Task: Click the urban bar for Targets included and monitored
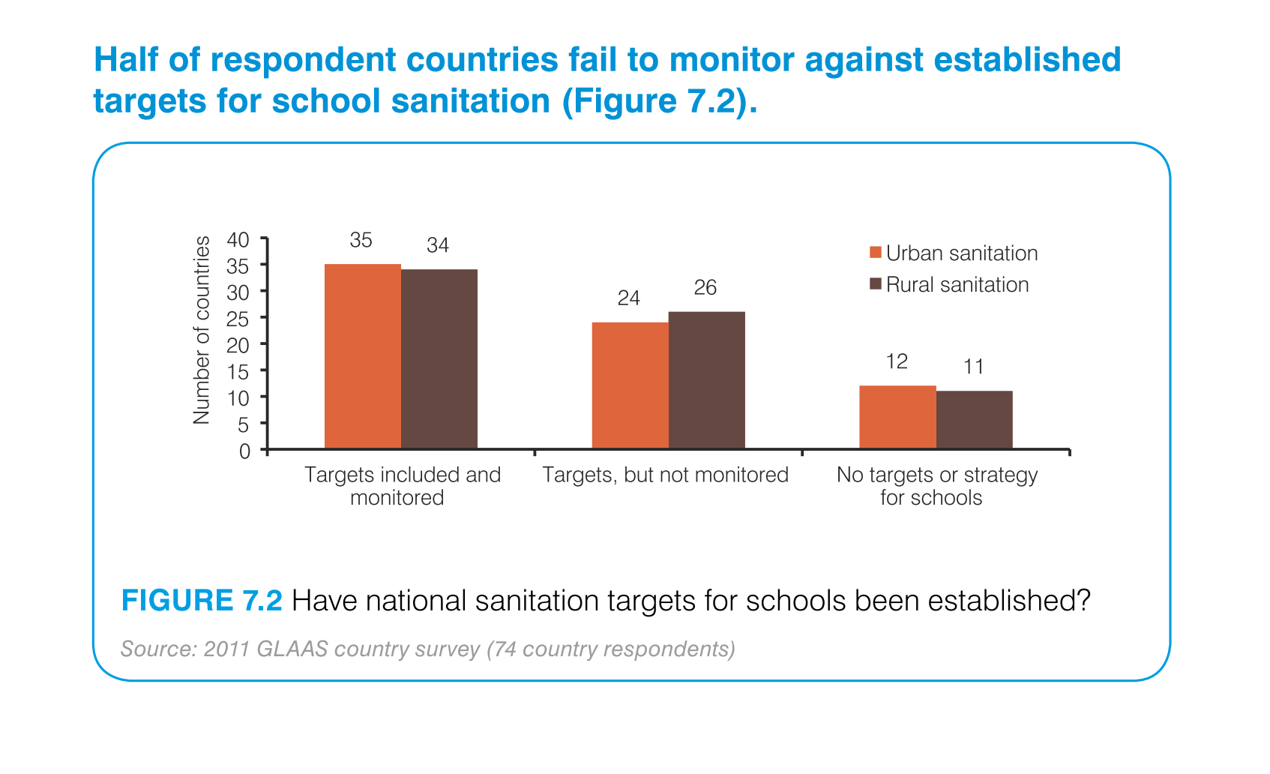coord(363,356)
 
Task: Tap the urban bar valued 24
coord(630,385)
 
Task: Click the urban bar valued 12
coord(897,417)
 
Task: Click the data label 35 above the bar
coord(361,240)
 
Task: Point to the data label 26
coord(705,287)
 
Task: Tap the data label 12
coord(897,361)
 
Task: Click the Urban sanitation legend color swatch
coord(875,253)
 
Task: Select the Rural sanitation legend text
coord(957,285)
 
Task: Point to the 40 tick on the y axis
coord(238,240)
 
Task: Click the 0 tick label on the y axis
coord(245,451)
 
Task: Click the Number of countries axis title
coord(202,330)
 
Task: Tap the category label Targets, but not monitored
coord(665,475)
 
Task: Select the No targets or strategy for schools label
coord(936,486)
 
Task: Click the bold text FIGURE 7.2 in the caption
coord(202,601)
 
